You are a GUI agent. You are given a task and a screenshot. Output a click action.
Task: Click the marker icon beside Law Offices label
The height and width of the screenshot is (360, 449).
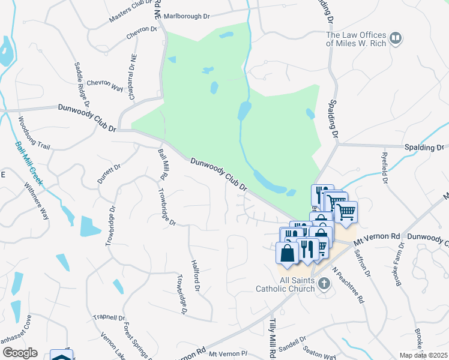click(x=396, y=39)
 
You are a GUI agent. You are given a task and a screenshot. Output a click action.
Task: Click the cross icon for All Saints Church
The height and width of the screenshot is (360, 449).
click(x=324, y=283)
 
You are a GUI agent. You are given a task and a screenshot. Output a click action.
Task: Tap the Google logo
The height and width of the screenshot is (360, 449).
click(x=20, y=353)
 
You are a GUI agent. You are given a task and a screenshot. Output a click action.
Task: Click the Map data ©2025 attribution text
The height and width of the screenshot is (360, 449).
click(x=423, y=355)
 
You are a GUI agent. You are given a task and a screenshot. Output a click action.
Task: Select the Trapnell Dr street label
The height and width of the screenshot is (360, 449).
click(x=109, y=317)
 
